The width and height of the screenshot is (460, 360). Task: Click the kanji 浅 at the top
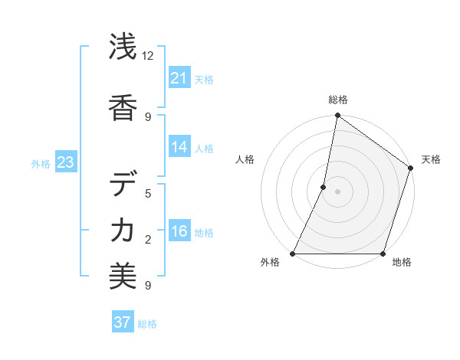123,48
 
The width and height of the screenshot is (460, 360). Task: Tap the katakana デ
123,185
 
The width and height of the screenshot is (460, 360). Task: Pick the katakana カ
123,231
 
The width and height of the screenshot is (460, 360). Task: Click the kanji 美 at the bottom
123,277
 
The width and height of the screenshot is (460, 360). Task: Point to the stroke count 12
147,56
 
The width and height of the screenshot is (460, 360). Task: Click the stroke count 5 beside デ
148,193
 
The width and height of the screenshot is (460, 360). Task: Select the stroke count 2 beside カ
148,240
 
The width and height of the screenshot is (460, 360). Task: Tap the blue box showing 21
179,77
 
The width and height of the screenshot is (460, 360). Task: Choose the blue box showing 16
179,231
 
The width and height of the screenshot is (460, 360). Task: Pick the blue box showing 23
66,162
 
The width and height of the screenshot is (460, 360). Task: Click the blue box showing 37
123,322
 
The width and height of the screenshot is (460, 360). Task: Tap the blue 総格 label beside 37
147,324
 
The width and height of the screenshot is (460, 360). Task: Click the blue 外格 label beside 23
41,163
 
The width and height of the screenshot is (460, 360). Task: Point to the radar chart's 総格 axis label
337,100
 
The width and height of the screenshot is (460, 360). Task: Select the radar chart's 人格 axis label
245,159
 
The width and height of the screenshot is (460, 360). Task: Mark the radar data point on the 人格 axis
324,187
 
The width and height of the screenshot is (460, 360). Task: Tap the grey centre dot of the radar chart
337,191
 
